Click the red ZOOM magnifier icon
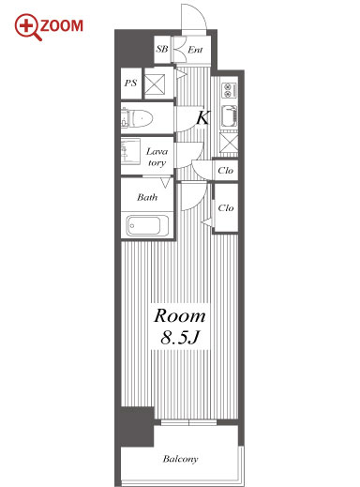[27, 26]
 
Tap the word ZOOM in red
[62, 26]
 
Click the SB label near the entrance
[162, 49]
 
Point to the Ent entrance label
[195, 50]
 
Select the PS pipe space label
[130, 83]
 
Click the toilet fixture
[138, 118]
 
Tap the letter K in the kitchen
[202, 117]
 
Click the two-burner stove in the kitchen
[229, 90]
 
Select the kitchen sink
[229, 116]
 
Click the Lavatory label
[157, 157]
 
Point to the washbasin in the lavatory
[130, 151]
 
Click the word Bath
[147, 197]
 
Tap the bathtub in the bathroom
[147, 225]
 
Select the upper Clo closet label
[225, 171]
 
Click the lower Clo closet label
[226, 207]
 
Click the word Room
[180, 315]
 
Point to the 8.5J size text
[180, 337]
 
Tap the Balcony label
[180, 459]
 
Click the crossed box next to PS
[155, 84]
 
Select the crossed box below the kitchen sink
[229, 143]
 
